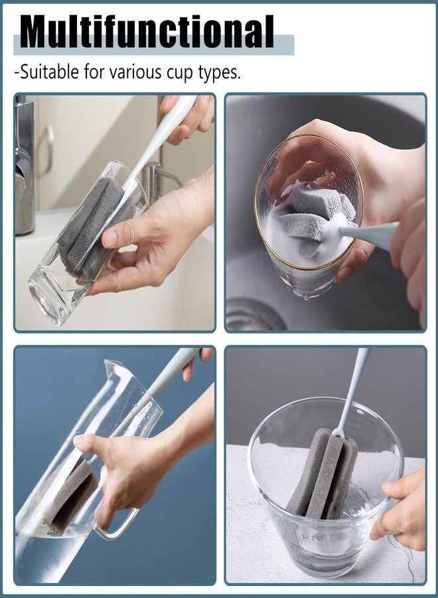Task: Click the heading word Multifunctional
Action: pyautogui.click(x=147, y=31)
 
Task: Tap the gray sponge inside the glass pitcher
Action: pyautogui.click(x=70, y=495)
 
